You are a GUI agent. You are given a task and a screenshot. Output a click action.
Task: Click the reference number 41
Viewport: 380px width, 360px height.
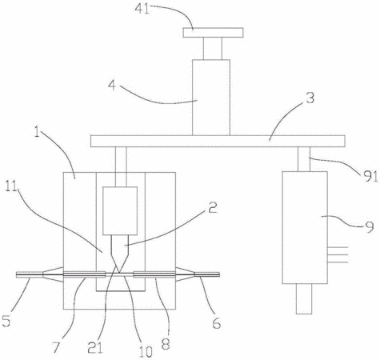[142, 10]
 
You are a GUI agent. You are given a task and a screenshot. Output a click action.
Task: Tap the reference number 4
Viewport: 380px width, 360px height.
[112, 86]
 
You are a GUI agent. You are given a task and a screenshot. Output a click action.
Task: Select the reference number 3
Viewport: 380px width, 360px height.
[310, 98]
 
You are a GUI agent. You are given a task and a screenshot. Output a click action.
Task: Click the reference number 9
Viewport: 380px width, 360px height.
[370, 227]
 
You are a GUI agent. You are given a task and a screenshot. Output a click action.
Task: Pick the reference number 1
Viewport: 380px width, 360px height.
[38, 133]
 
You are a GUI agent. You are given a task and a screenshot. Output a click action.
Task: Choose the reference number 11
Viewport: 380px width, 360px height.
[11, 186]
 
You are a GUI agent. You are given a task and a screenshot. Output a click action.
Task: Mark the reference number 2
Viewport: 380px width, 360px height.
[212, 207]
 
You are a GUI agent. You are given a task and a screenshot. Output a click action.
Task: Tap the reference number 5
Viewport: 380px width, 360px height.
[6, 322]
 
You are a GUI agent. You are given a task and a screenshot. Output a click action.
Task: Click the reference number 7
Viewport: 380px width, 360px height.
[57, 347]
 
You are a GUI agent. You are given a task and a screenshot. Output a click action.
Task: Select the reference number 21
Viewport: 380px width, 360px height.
[95, 347]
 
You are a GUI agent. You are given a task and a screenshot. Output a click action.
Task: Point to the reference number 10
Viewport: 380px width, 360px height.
[146, 351]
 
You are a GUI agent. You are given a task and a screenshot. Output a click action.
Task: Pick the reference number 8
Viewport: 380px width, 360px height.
[166, 344]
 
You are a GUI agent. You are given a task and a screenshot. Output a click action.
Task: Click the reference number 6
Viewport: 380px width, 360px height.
[217, 323]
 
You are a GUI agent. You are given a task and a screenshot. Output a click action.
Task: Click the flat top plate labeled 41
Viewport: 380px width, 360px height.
[213, 33]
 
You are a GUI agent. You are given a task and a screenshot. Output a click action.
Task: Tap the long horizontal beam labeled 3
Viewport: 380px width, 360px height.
[218, 141]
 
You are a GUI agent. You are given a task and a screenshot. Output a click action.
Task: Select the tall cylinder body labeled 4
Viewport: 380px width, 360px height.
[211, 98]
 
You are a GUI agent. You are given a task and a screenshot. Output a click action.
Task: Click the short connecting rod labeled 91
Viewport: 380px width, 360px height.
[304, 159]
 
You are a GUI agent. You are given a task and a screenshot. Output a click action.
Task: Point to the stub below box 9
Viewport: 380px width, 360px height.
[304, 298]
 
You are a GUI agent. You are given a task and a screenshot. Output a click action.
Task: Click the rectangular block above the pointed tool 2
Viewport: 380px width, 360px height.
[120, 210]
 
